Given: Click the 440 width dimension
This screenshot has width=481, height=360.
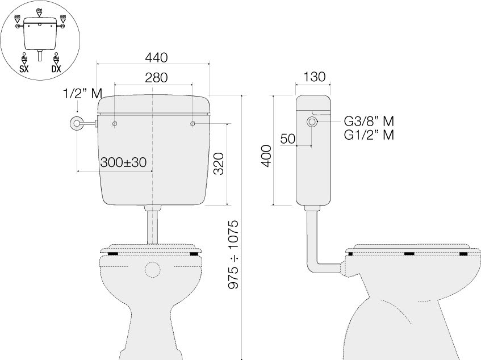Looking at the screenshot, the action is pyautogui.click(x=156, y=58).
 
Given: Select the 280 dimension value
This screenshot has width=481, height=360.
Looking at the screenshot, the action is pyautogui.click(x=156, y=78).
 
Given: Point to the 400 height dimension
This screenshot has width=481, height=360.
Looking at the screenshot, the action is pyautogui.click(x=267, y=156).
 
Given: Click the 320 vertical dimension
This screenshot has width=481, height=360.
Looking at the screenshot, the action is pyautogui.click(x=219, y=164).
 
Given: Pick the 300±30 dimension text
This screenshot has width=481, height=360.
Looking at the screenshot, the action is pyautogui.click(x=123, y=162).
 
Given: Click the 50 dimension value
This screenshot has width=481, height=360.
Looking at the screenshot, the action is pyautogui.click(x=288, y=139).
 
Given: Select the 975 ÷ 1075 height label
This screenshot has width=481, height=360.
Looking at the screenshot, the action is pyautogui.click(x=233, y=254).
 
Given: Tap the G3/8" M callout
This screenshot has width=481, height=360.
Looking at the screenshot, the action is pyautogui.click(x=369, y=122).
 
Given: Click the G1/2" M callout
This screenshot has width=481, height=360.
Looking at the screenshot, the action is pyautogui.click(x=369, y=135).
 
